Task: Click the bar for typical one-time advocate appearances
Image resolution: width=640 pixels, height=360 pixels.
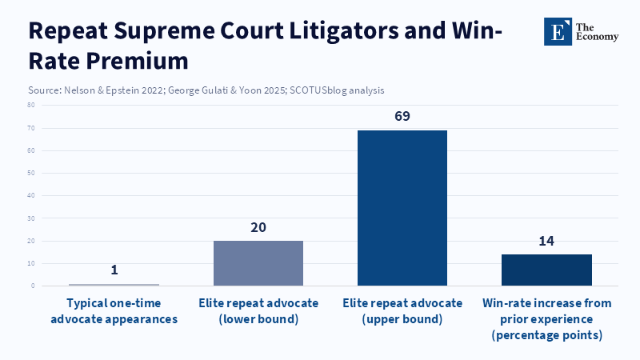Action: tap(114, 284)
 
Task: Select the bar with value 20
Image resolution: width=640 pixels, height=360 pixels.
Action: tap(258, 263)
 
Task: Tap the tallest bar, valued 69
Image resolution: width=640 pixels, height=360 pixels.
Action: tap(402, 208)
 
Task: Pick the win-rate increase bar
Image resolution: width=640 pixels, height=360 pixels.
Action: tap(546, 270)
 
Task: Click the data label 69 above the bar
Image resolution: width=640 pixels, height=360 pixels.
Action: tap(402, 117)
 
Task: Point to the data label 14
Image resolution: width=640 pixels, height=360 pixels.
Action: tap(546, 241)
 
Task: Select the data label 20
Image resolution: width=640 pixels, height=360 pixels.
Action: tap(258, 227)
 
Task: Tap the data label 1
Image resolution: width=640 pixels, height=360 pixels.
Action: tap(114, 270)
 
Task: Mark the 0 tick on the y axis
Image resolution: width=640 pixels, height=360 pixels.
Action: tap(31, 286)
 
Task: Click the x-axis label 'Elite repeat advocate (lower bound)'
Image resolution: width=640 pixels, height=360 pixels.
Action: tap(258, 311)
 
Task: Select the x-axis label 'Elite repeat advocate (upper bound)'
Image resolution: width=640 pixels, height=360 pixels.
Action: tap(402, 311)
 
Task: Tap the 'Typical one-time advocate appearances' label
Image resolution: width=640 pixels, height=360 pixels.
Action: tap(114, 311)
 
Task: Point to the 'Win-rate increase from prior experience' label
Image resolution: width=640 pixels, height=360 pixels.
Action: tap(546, 318)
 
